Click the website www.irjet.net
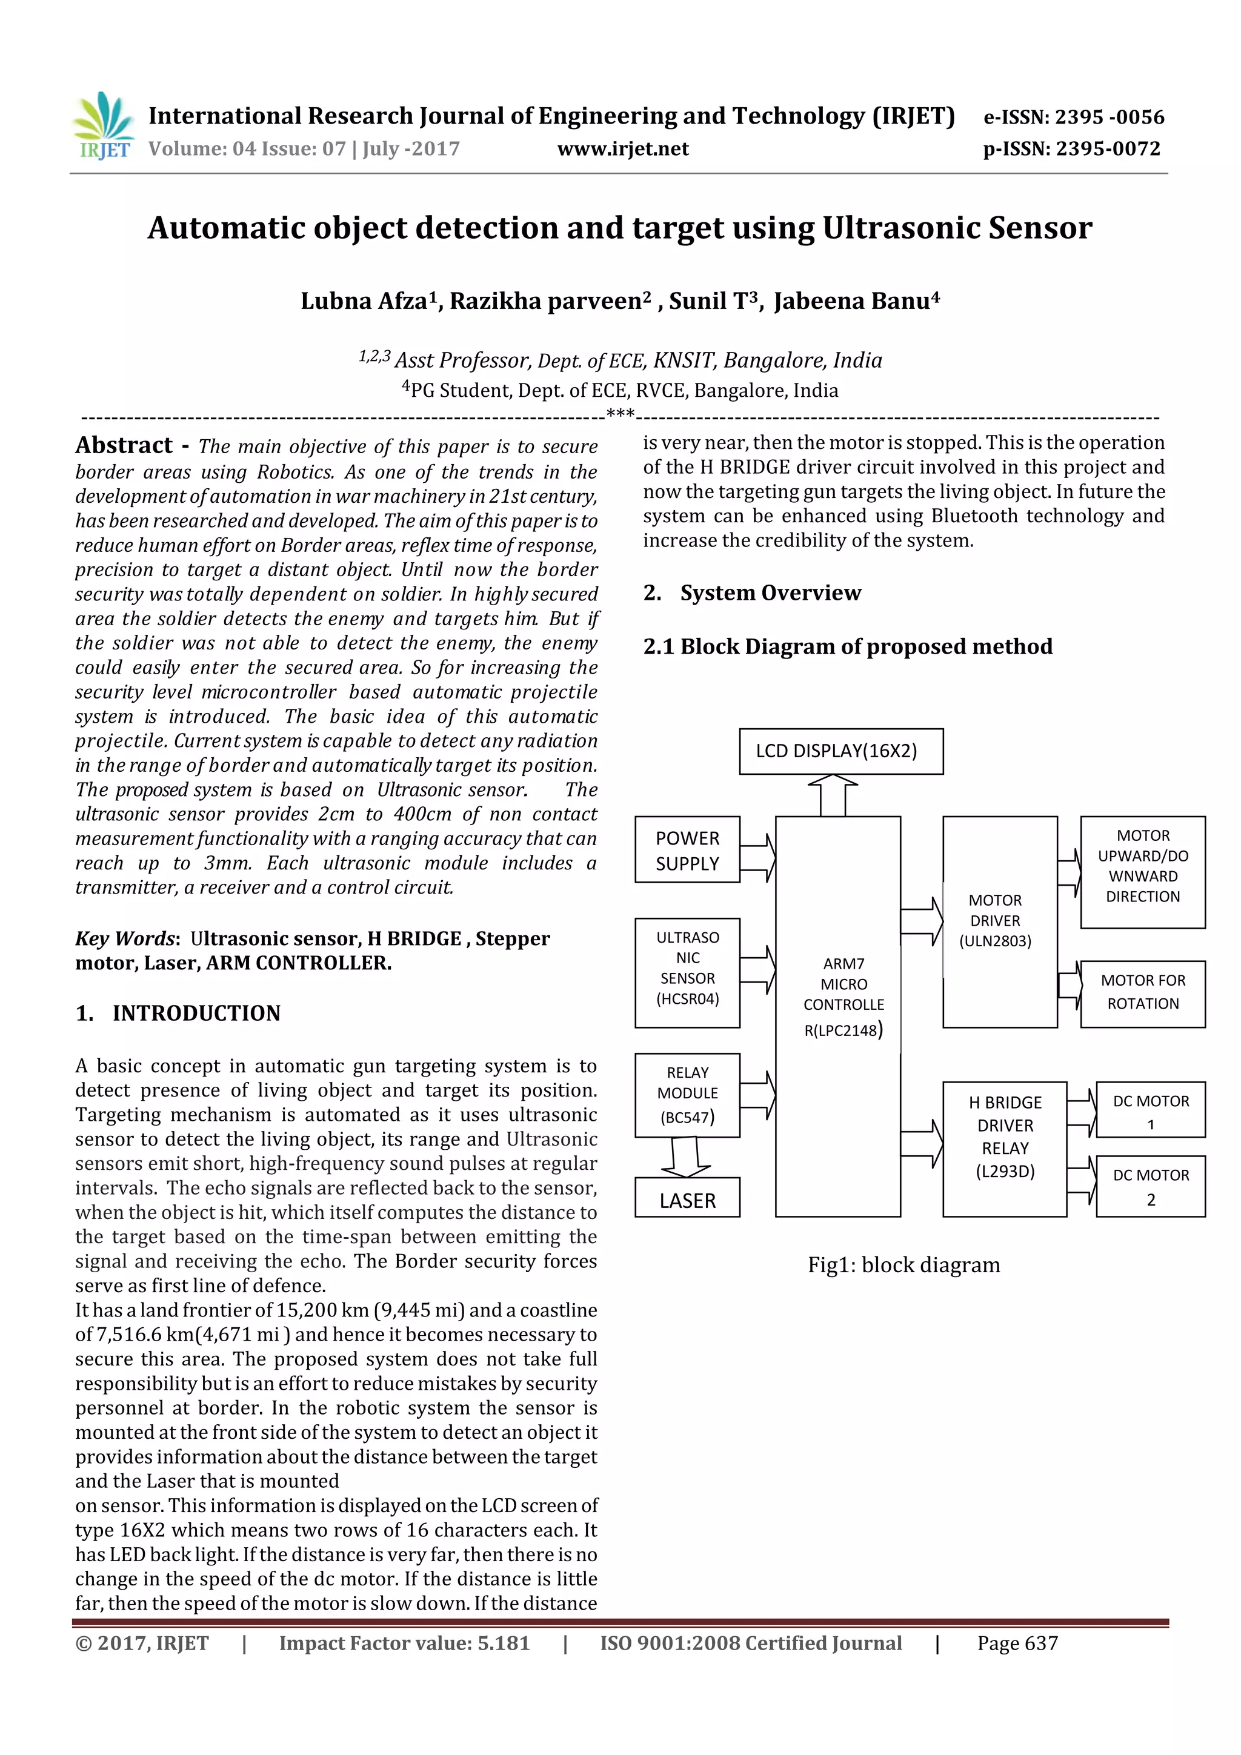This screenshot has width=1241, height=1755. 622,149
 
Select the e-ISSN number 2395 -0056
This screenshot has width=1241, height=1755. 1110,117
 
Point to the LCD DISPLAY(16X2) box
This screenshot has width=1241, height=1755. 840,751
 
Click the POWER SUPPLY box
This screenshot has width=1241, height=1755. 687,850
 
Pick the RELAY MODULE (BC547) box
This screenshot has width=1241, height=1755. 687,1095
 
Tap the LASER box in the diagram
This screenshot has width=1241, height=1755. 687,1201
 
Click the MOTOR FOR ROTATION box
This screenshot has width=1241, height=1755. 1142,993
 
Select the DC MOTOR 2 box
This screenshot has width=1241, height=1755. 1150,1186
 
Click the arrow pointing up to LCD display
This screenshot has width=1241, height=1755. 833,795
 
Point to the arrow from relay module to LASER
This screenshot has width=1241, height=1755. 686,1157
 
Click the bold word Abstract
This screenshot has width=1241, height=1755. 124,445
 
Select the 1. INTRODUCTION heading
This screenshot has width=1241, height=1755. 178,1013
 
